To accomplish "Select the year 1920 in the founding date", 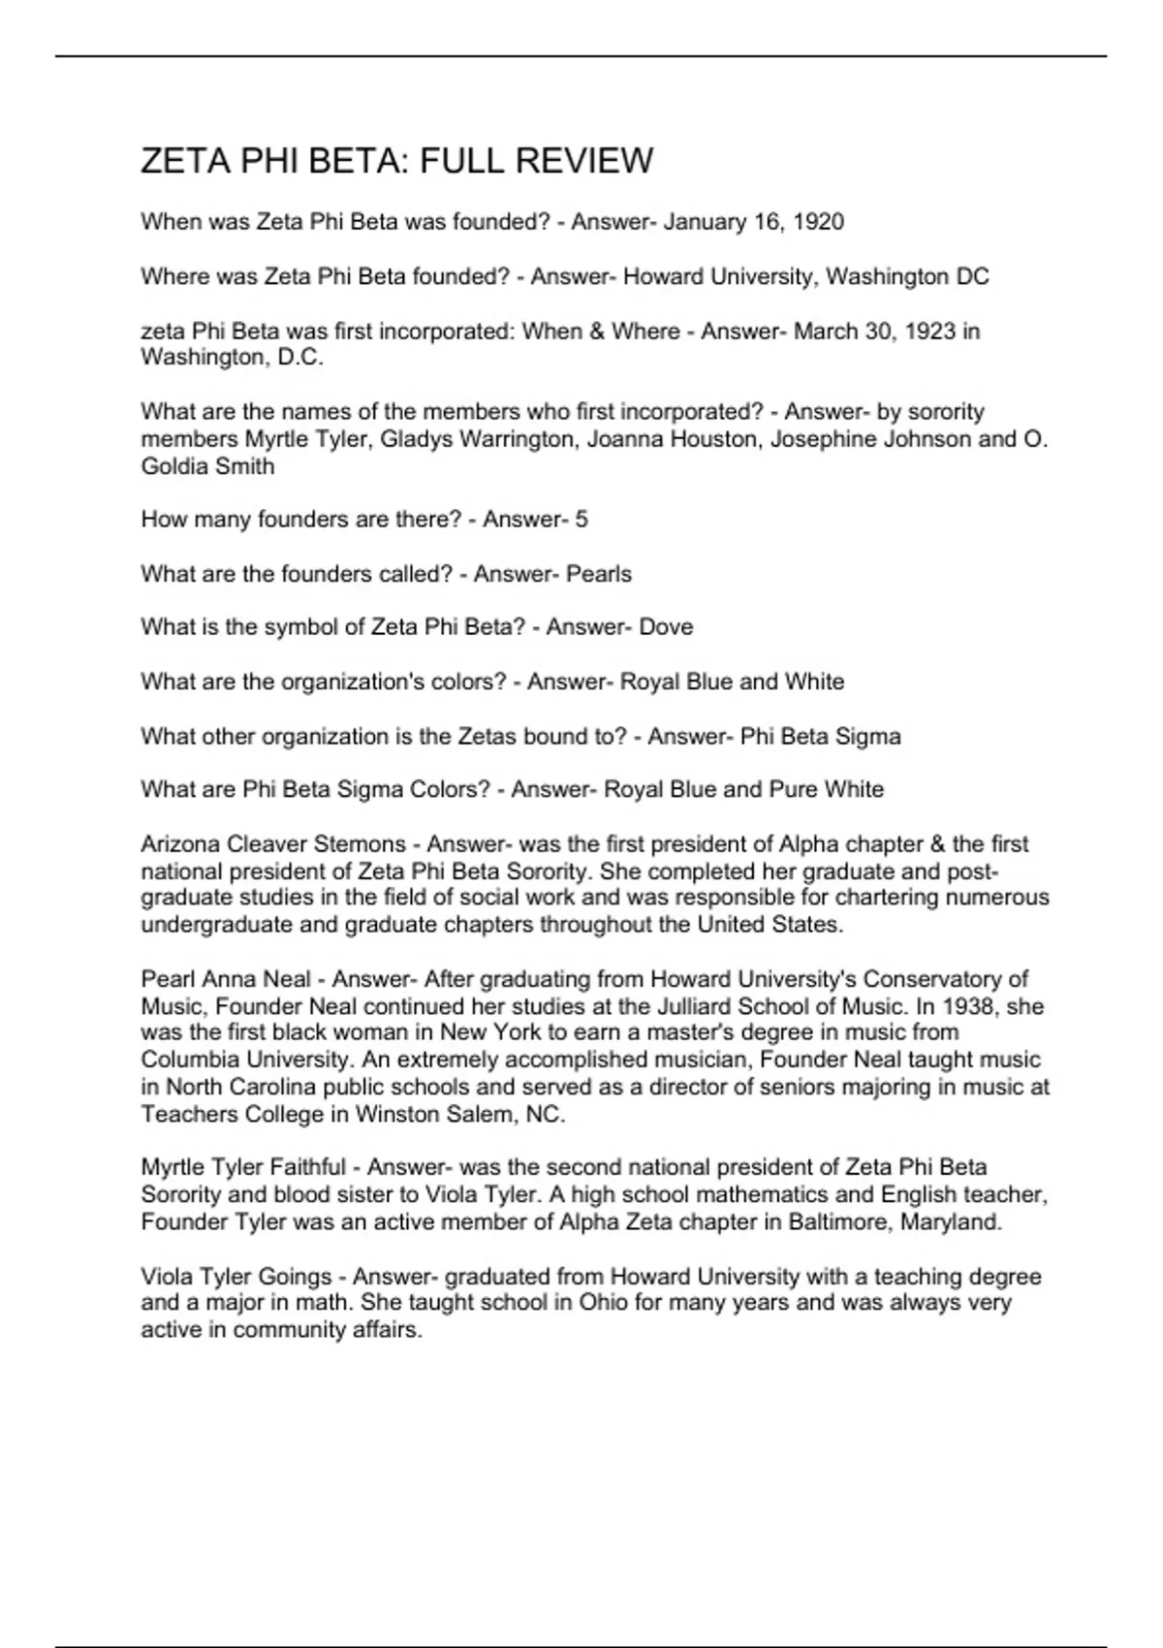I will (x=818, y=222).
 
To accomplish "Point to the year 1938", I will (x=970, y=1006).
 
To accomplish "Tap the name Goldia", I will (x=175, y=466).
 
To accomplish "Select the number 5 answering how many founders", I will (x=581, y=520).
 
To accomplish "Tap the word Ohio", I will (x=604, y=1302).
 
